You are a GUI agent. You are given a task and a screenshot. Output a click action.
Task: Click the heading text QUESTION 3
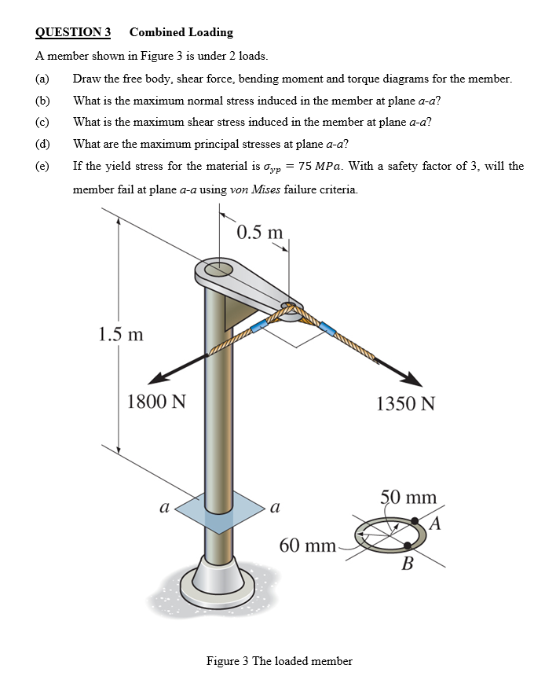(73, 32)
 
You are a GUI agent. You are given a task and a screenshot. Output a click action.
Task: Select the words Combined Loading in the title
(181, 32)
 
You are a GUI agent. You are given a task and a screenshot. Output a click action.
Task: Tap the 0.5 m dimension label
(259, 233)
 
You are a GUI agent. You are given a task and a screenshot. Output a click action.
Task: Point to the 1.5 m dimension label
(121, 333)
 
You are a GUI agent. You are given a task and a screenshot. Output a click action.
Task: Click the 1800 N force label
(156, 402)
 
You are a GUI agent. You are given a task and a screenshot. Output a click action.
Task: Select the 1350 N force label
(405, 404)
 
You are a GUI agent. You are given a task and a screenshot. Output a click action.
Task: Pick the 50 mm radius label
(408, 498)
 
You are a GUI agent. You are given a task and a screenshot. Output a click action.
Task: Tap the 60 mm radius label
(307, 546)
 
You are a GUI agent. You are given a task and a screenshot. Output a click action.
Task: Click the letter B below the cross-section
(407, 564)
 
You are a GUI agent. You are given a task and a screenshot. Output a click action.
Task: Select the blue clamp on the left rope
(258, 326)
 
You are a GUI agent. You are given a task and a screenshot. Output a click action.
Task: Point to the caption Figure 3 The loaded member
(279, 660)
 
